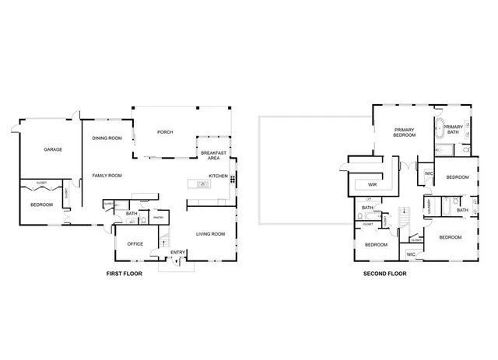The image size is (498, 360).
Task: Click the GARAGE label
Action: coord(53,149)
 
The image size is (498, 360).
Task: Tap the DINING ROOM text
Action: coord(107,138)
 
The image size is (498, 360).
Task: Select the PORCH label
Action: coord(164,132)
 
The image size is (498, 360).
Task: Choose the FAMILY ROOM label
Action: coord(107,176)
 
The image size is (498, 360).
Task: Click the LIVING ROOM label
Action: coord(210,233)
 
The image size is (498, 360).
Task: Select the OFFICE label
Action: coord(135,244)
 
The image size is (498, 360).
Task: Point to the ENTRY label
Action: coord(178,251)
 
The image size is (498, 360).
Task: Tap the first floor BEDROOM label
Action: coord(41,204)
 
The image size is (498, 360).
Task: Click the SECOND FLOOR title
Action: coord(384,274)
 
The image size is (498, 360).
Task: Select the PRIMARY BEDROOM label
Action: coord(405,132)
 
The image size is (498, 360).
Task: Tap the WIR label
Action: coord(372,185)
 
